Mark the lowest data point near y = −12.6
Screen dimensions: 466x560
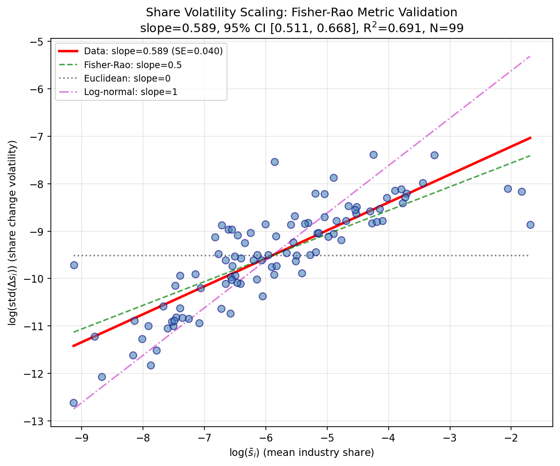[x=73, y=403]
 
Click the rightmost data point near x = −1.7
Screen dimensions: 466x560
[x=530, y=225]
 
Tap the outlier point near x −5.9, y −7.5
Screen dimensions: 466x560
[x=274, y=162]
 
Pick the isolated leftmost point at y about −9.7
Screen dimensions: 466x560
[x=74, y=265]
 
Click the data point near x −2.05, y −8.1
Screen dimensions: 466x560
[x=508, y=189]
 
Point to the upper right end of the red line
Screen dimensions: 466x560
[x=530, y=138]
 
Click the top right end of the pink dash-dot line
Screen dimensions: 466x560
[x=530, y=56]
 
